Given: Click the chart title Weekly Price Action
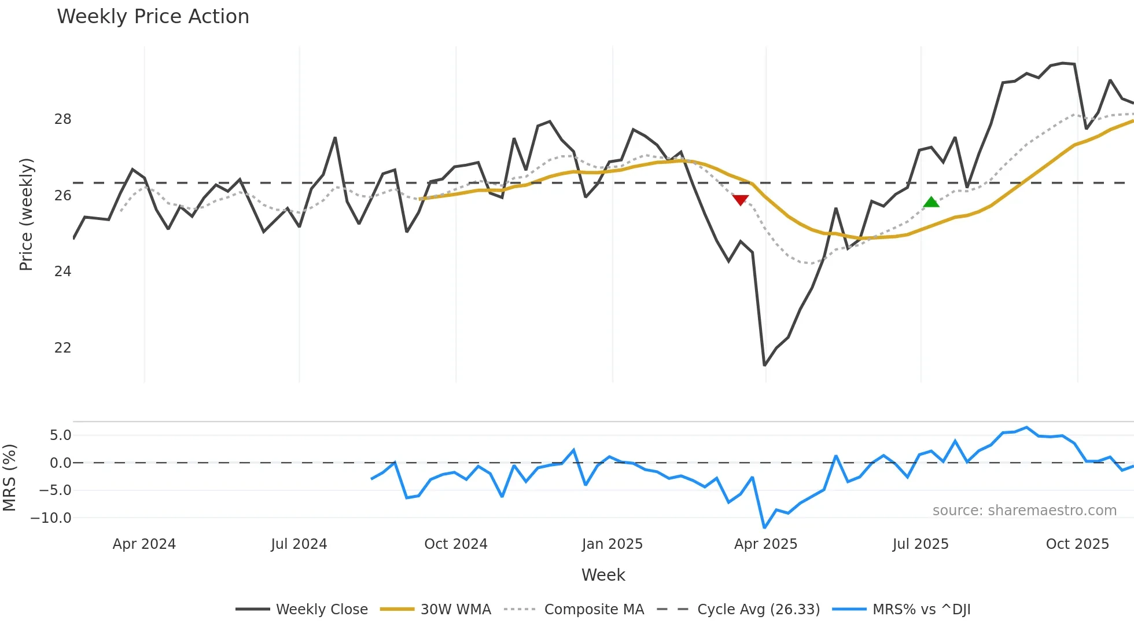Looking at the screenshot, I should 153,17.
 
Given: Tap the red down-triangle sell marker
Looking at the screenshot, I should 740,200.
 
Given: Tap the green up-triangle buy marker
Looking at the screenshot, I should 931,202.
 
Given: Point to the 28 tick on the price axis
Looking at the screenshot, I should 62,119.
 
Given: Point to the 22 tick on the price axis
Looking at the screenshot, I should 62,348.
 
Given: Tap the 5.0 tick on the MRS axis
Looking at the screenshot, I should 60,435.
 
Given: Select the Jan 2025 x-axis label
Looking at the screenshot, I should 612,544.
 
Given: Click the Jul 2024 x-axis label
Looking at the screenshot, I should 299,544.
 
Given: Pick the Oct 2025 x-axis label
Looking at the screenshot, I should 1077,544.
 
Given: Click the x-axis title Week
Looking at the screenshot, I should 603,575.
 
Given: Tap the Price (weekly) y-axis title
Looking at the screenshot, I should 26,214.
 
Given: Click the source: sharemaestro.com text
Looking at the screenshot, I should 1024,511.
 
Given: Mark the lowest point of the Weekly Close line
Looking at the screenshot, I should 764,365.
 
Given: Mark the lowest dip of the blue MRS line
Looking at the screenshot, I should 764,527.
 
